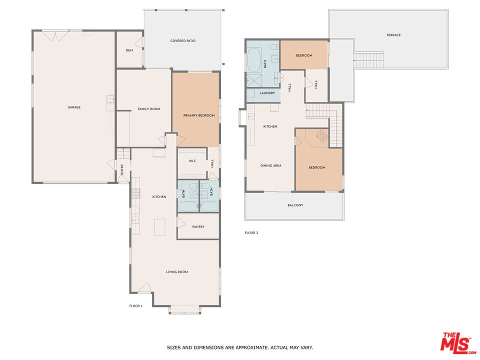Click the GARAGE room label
click(x=74, y=107)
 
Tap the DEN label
click(x=129, y=49)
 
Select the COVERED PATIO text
click(x=182, y=41)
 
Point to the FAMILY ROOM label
click(x=149, y=108)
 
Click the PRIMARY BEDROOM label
click(x=198, y=115)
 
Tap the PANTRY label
click(x=198, y=226)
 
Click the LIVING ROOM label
click(x=177, y=272)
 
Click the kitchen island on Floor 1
click(x=160, y=227)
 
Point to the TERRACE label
click(x=393, y=35)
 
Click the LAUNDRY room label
click(x=267, y=93)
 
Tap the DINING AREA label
click(x=270, y=165)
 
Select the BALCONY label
click(x=295, y=205)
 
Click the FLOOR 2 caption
click(x=251, y=232)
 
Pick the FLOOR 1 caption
click(x=136, y=306)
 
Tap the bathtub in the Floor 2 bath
click(x=254, y=60)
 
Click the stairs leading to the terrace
click(x=368, y=60)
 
